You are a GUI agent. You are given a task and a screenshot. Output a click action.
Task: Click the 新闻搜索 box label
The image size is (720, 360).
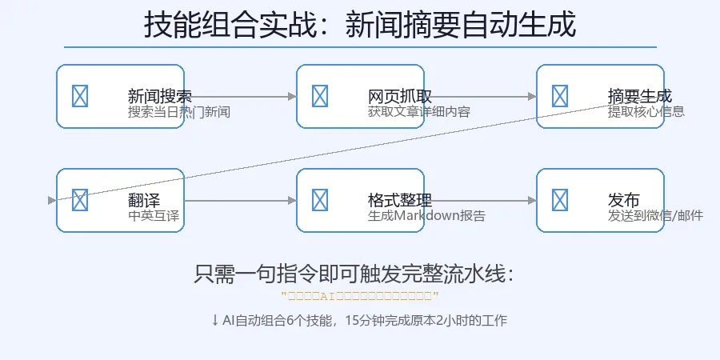159,97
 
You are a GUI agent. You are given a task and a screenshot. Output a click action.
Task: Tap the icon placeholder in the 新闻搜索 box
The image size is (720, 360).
80,96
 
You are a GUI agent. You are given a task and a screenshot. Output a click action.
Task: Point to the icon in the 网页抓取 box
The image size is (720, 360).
320,96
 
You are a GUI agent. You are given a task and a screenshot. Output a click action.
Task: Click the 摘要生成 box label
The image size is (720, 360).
639,97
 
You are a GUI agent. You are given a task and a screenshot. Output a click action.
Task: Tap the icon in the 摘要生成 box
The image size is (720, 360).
560,96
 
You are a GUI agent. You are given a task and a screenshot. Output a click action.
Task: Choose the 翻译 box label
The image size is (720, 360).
144,201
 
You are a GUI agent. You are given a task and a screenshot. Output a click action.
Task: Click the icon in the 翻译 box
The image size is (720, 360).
80,200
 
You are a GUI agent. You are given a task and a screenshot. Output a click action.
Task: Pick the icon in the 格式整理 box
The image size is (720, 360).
320,200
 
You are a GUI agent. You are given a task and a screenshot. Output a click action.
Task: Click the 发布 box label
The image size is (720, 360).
624,201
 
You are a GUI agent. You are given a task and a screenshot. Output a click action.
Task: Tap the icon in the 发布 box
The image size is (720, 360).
560,200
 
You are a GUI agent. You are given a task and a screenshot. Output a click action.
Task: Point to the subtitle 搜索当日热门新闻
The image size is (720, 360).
179,112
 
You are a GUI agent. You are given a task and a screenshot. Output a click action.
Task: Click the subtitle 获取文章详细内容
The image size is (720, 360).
419,112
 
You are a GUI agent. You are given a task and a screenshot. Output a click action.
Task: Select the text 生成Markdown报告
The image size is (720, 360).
426,216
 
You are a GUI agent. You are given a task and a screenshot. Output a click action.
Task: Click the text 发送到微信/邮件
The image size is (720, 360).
655,216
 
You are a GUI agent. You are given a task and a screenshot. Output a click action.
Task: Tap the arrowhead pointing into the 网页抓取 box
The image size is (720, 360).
292,96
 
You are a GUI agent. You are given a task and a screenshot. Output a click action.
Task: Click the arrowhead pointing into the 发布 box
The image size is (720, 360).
532,200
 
